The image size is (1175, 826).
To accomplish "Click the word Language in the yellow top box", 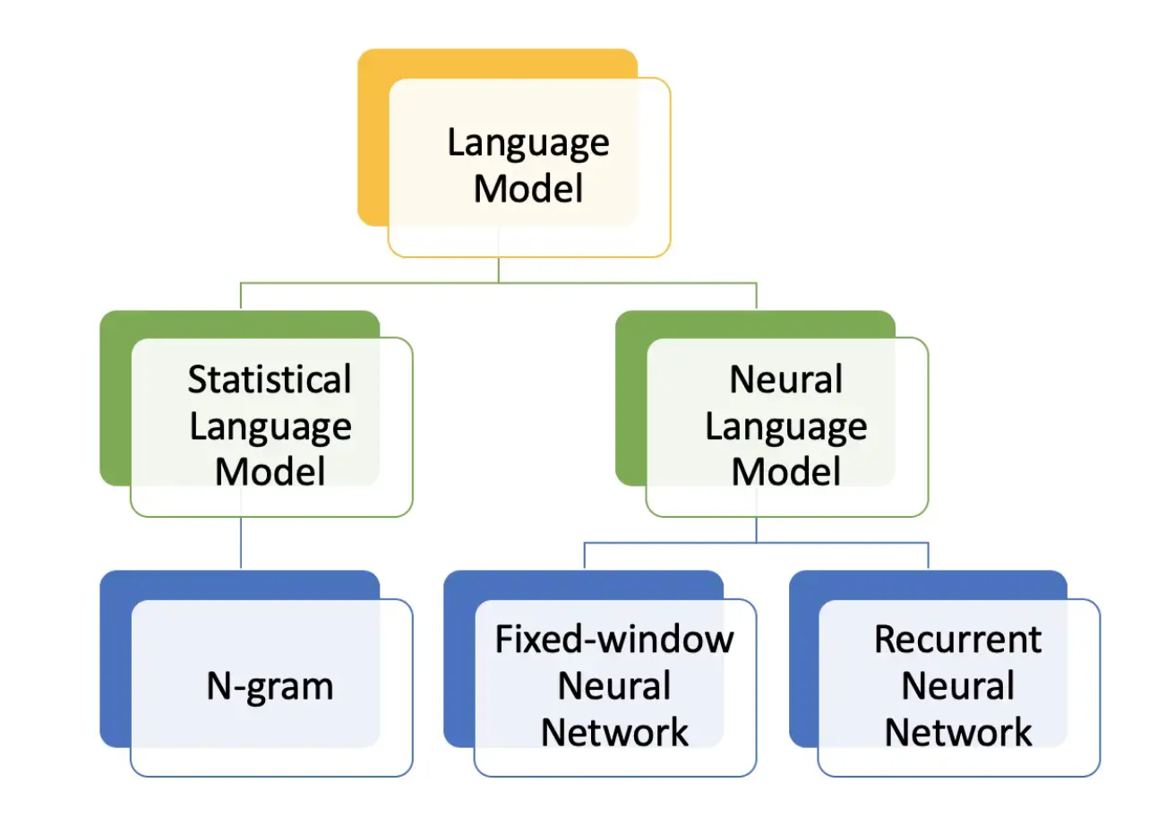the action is (528, 143).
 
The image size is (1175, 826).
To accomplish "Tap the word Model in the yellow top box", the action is (528, 189).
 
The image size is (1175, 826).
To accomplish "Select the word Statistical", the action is (270, 379).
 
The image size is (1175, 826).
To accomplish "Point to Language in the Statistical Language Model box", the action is (270, 427).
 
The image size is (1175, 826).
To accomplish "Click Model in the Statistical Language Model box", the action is (270, 472).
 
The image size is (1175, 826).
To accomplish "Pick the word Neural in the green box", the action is (785, 379).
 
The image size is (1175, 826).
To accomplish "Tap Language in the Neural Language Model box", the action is (785, 427).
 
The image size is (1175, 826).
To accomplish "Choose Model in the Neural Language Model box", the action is (785, 472).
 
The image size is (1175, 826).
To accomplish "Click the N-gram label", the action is (270, 686).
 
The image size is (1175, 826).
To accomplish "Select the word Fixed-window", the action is (614, 640).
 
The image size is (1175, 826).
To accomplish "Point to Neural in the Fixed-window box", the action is (614, 685).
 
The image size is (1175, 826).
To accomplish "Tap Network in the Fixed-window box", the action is (614, 732).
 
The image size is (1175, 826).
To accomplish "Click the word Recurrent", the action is (958, 640).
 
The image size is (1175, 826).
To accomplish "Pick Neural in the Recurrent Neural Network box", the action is (958, 685).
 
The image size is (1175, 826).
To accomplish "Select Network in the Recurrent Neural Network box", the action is (958, 732).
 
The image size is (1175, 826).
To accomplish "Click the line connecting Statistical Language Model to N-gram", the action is (241, 543).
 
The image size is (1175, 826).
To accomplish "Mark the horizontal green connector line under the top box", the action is (498, 283).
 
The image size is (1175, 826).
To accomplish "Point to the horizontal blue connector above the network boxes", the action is (757, 543).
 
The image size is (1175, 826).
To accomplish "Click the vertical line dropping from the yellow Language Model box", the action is (498, 270).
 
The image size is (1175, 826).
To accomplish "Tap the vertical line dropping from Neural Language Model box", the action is (757, 529).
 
